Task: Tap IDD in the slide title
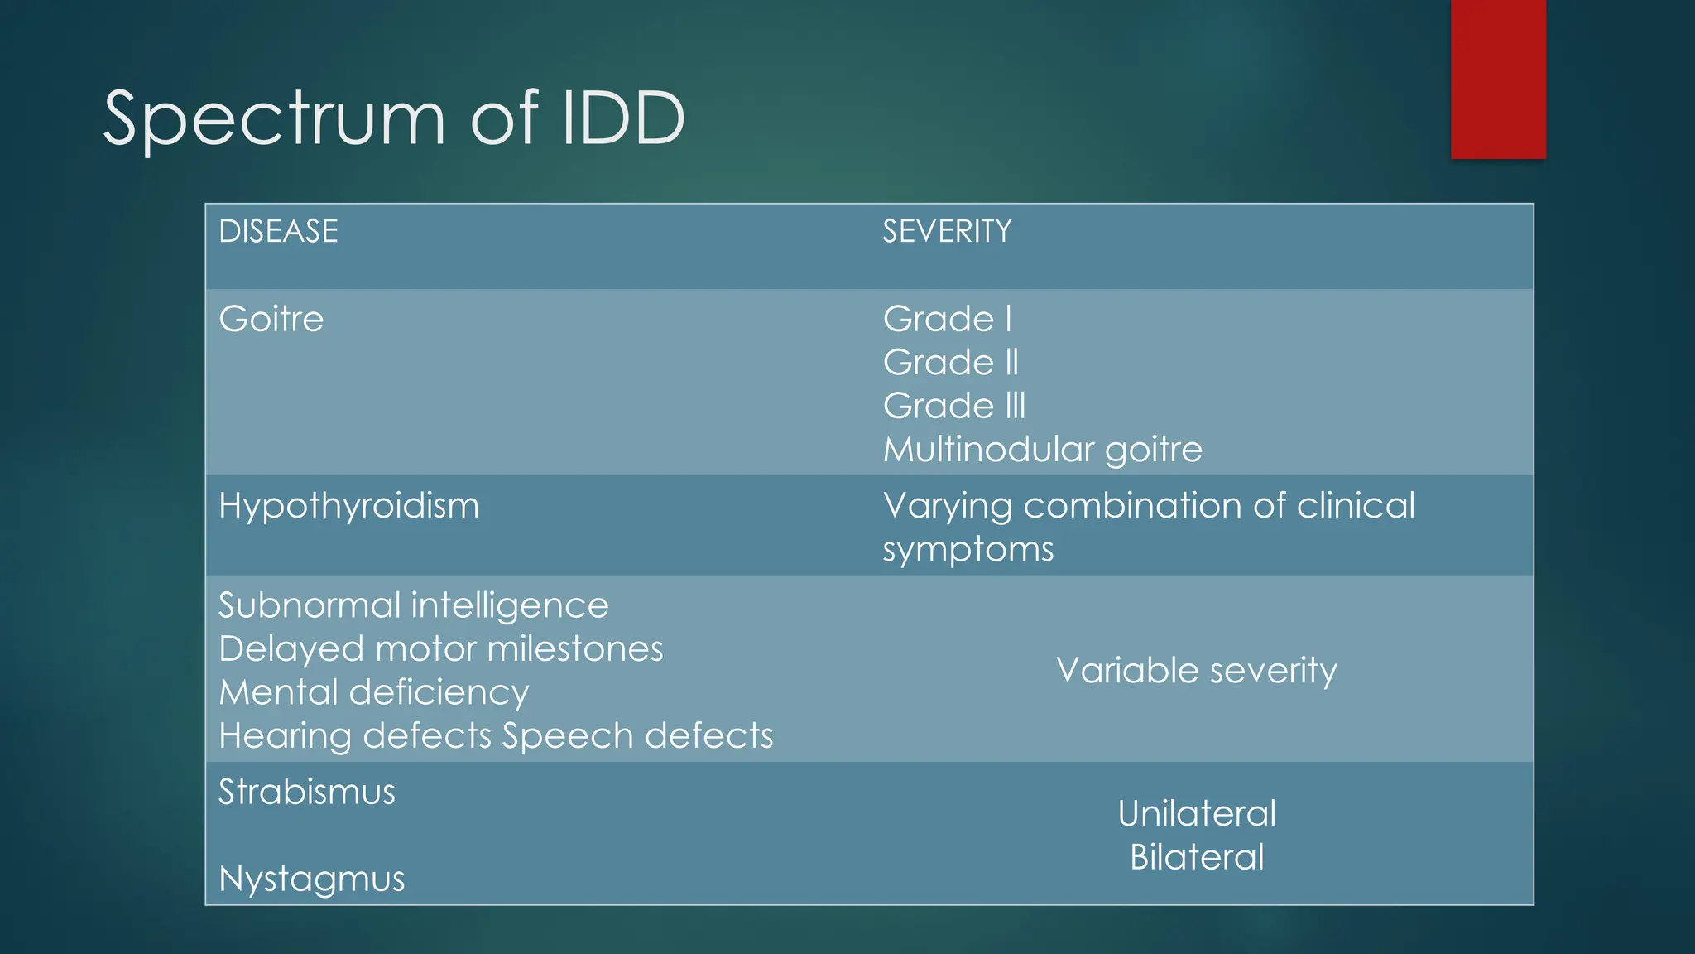(x=623, y=118)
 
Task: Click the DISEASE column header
(x=278, y=231)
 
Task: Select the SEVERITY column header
(x=946, y=231)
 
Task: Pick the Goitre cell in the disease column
(x=271, y=319)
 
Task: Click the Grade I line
(x=947, y=319)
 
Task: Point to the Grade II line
(x=950, y=363)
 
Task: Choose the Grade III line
(x=953, y=406)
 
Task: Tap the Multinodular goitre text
(x=1042, y=450)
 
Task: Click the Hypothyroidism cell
(x=348, y=506)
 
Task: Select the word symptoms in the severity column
(x=968, y=550)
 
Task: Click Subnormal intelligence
(x=413, y=606)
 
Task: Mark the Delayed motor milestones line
(x=440, y=649)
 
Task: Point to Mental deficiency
(x=373, y=693)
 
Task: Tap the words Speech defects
(x=637, y=736)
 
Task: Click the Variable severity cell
(x=1196, y=671)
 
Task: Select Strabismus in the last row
(x=306, y=793)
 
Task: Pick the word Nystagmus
(x=311, y=879)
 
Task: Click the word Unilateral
(x=1196, y=814)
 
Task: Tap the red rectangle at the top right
(x=1498, y=79)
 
